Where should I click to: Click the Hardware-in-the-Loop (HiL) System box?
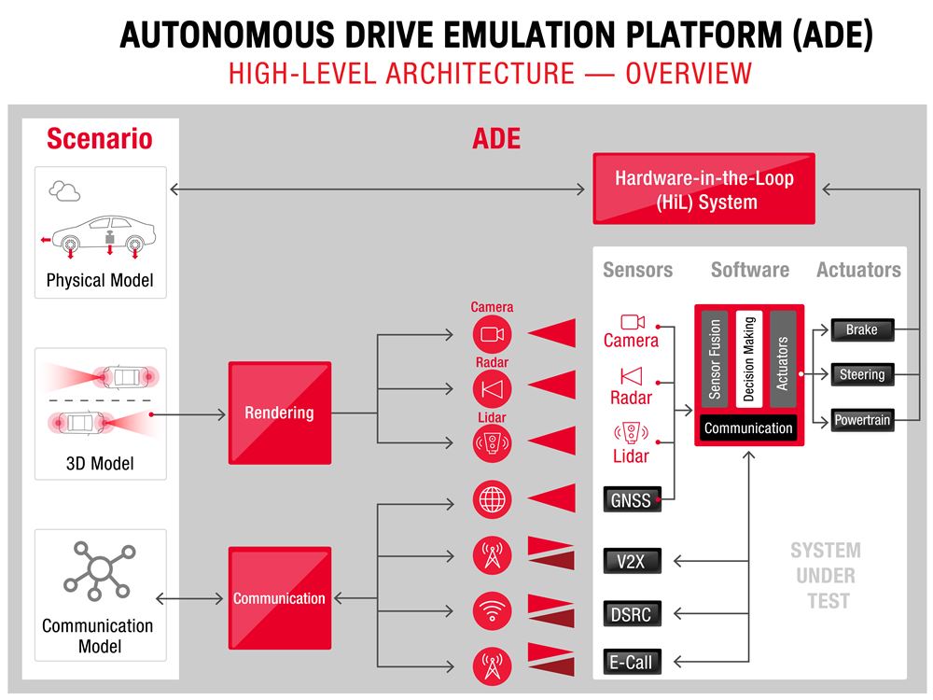click(x=703, y=189)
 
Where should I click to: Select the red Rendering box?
click(x=279, y=413)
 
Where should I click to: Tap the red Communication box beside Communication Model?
click(x=279, y=598)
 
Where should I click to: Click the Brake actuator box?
click(x=861, y=329)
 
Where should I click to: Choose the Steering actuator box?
click(x=861, y=374)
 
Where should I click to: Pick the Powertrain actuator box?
click(x=861, y=420)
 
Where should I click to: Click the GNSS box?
click(x=631, y=500)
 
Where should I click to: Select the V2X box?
click(x=631, y=561)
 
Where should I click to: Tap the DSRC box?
click(x=631, y=613)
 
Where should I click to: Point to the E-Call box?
click(x=631, y=663)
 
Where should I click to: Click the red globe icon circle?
click(x=492, y=499)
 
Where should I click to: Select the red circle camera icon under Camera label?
click(x=492, y=334)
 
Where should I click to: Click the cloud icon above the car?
click(x=64, y=191)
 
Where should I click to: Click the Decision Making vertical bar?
click(x=748, y=357)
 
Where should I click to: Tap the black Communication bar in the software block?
click(x=748, y=428)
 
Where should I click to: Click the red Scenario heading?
click(x=99, y=139)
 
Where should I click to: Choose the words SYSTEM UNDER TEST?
click(x=826, y=575)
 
